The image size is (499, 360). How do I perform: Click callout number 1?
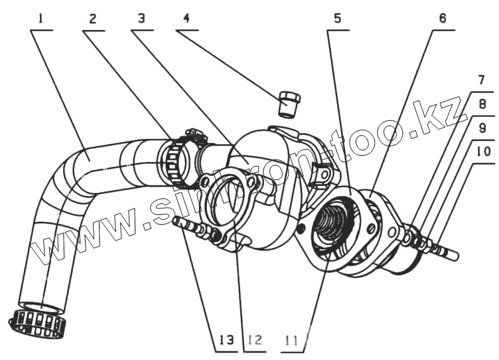pos(41,19)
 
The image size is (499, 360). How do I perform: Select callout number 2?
pos(92,19)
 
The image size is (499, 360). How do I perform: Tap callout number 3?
pos(141,19)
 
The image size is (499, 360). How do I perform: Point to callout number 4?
pos(186,19)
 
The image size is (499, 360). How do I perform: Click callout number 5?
pos(338,19)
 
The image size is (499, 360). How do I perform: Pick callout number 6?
pos(442,19)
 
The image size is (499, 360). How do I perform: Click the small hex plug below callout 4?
pos(289,104)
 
